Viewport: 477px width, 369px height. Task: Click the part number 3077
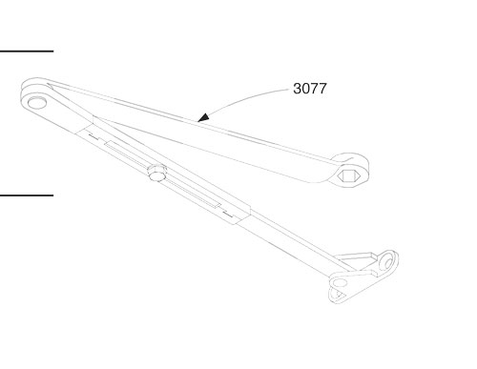pyautogui.click(x=309, y=90)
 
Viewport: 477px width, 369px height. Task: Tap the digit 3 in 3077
pyautogui.click(x=296, y=90)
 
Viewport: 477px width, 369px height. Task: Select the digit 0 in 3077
pyautogui.click(x=304, y=90)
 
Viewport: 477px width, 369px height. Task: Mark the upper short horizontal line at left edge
pyautogui.click(x=27, y=50)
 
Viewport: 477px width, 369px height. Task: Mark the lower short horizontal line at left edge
pyautogui.click(x=27, y=195)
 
